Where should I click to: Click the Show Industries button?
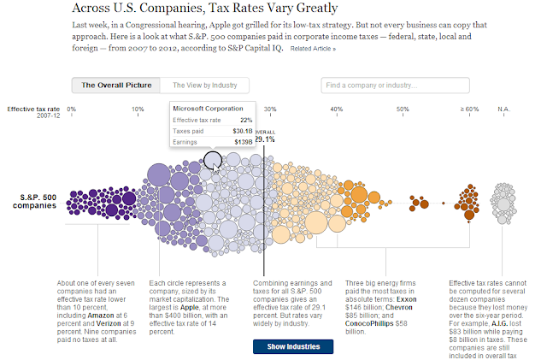[x=293, y=346]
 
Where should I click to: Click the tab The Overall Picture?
[x=116, y=86]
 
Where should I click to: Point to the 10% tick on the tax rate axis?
[x=138, y=109]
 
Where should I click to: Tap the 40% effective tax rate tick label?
[x=337, y=109]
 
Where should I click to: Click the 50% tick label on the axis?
[x=403, y=109]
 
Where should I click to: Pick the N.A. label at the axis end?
[x=503, y=109]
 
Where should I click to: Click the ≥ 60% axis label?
[x=468, y=109]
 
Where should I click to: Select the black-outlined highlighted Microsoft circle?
[x=213, y=160]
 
